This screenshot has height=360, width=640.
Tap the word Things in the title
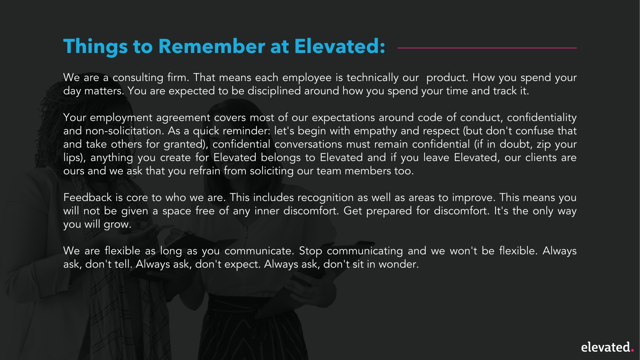coord(95,46)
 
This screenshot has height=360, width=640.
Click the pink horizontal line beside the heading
coord(487,48)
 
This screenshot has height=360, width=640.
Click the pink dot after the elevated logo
coord(632,350)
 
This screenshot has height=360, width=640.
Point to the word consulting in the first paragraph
coord(138,78)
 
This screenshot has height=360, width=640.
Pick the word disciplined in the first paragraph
coord(274,91)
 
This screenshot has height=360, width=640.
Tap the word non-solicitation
coord(124,131)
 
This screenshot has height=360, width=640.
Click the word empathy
coord(375,131)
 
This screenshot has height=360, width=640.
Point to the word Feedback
coord(87,198)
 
